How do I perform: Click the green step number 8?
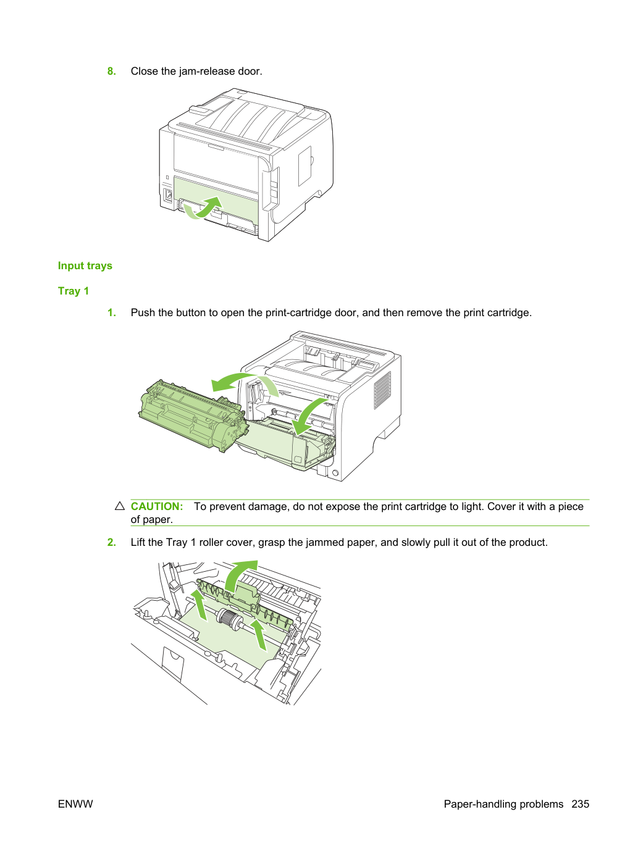111,71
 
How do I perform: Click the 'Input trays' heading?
85,266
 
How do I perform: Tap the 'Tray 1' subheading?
73,291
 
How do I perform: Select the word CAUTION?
157,506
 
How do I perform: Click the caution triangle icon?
120,506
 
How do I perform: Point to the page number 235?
581,804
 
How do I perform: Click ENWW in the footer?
75,804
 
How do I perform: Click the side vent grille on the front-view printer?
382,390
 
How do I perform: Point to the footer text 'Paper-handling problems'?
503,804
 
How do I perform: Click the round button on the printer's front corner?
335,473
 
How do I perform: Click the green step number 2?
111,542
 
